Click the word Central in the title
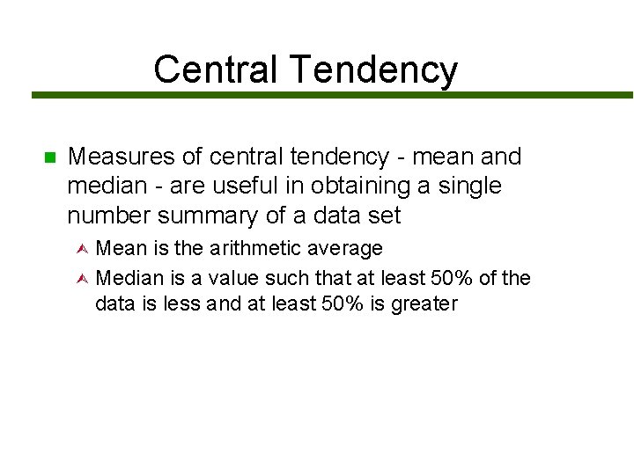(x=215, y=69)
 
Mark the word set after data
(x=383, y=216)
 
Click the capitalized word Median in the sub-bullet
(x=130, y=278)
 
